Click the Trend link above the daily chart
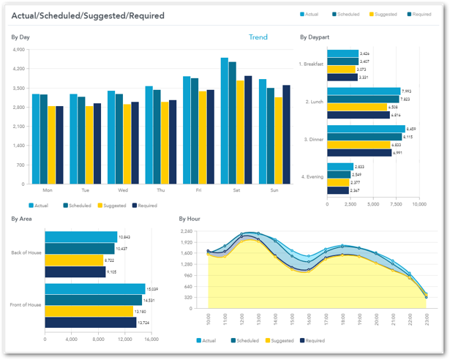pyautogui.click(x=258, y=37)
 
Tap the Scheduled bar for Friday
pyautogui.click(x=195, y=131)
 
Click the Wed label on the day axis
pyautogui.click(x=123, y=190)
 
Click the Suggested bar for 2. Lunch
pyautogui.click(x=357, y=107)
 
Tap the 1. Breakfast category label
pyautogui.click(x=311, y=64)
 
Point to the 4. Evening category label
pyautogui.click(x=312, y=177)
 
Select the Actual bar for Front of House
pyautogui.click(x=95, y=288)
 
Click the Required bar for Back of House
pyautogui.click(x=75, y=271)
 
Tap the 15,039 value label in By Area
pyautogui.click(x=154, y=288)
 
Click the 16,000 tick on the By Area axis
pyautogui.click(x=151, y=340)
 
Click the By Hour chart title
pyautogui.click(x=190, y=218)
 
